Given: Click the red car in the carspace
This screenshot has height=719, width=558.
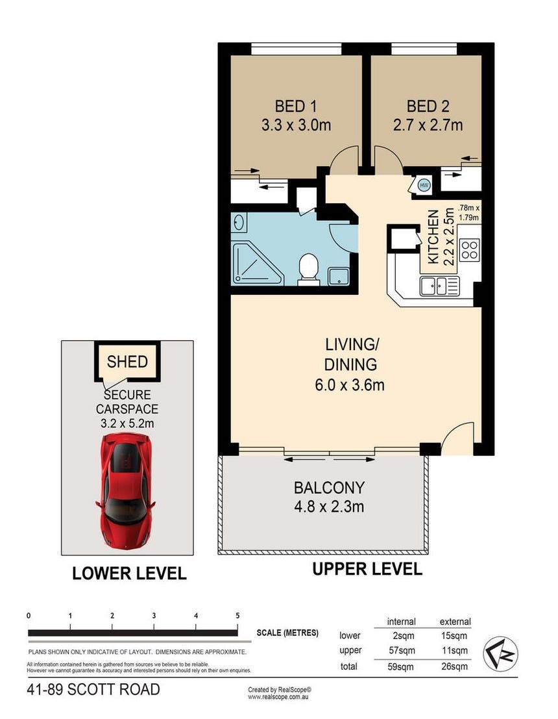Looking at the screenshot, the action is [x=125, y=490].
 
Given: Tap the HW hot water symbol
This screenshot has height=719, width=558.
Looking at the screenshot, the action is [x=424, y=185].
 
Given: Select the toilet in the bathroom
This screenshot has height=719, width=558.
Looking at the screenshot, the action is [x=308, y=269].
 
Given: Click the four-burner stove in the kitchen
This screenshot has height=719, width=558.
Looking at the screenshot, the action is [x=470, y=250].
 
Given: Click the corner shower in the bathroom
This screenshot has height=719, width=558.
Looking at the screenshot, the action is [x=257, y=263].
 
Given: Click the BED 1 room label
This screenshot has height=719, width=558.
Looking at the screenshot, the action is [x=295, y=107].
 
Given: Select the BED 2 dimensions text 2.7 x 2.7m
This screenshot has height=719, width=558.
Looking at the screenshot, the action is [x=428, y=125].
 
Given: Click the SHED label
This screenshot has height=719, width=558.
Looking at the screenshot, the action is [x=127, y=362].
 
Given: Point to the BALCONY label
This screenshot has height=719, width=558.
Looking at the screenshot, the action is [x=329, y=487].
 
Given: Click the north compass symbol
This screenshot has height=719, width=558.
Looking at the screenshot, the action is [x=501, y=653].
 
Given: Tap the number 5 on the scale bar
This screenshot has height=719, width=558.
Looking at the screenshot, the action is [x=237, y=616].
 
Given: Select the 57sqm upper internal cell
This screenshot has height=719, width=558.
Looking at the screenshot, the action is [x=402, y=651].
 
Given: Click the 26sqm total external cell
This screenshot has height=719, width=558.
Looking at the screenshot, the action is [x=454, y=666].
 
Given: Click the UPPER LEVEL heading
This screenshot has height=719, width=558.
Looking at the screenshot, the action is [x=367, y=569].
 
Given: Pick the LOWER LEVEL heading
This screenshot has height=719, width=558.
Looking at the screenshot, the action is [x=129, y=573].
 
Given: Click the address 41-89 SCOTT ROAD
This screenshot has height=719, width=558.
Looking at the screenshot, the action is [x=93, y=690].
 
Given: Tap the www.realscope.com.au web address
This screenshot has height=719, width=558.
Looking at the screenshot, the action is [x=278, y=697].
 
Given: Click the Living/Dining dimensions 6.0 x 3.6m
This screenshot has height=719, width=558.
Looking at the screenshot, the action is [x=350, y=385].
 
